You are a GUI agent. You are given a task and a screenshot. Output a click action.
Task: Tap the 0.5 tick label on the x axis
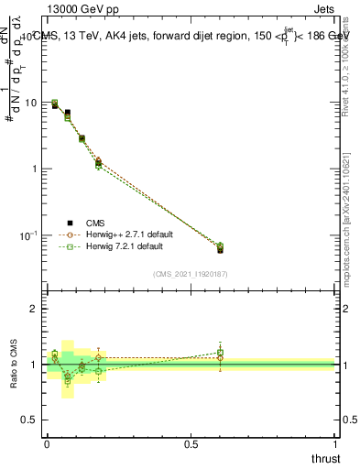(x=190, y=444)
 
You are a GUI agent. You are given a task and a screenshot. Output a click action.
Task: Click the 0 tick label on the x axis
(x=47, y=444)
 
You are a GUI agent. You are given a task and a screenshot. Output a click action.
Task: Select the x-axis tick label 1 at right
(x=334, y=444)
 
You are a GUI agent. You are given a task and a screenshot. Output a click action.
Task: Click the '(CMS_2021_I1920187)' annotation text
(x=191, y=274)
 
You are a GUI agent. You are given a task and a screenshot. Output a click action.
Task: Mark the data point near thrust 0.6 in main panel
(x=220, y=249)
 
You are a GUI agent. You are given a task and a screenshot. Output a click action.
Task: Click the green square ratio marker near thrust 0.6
(x=220, y=352)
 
